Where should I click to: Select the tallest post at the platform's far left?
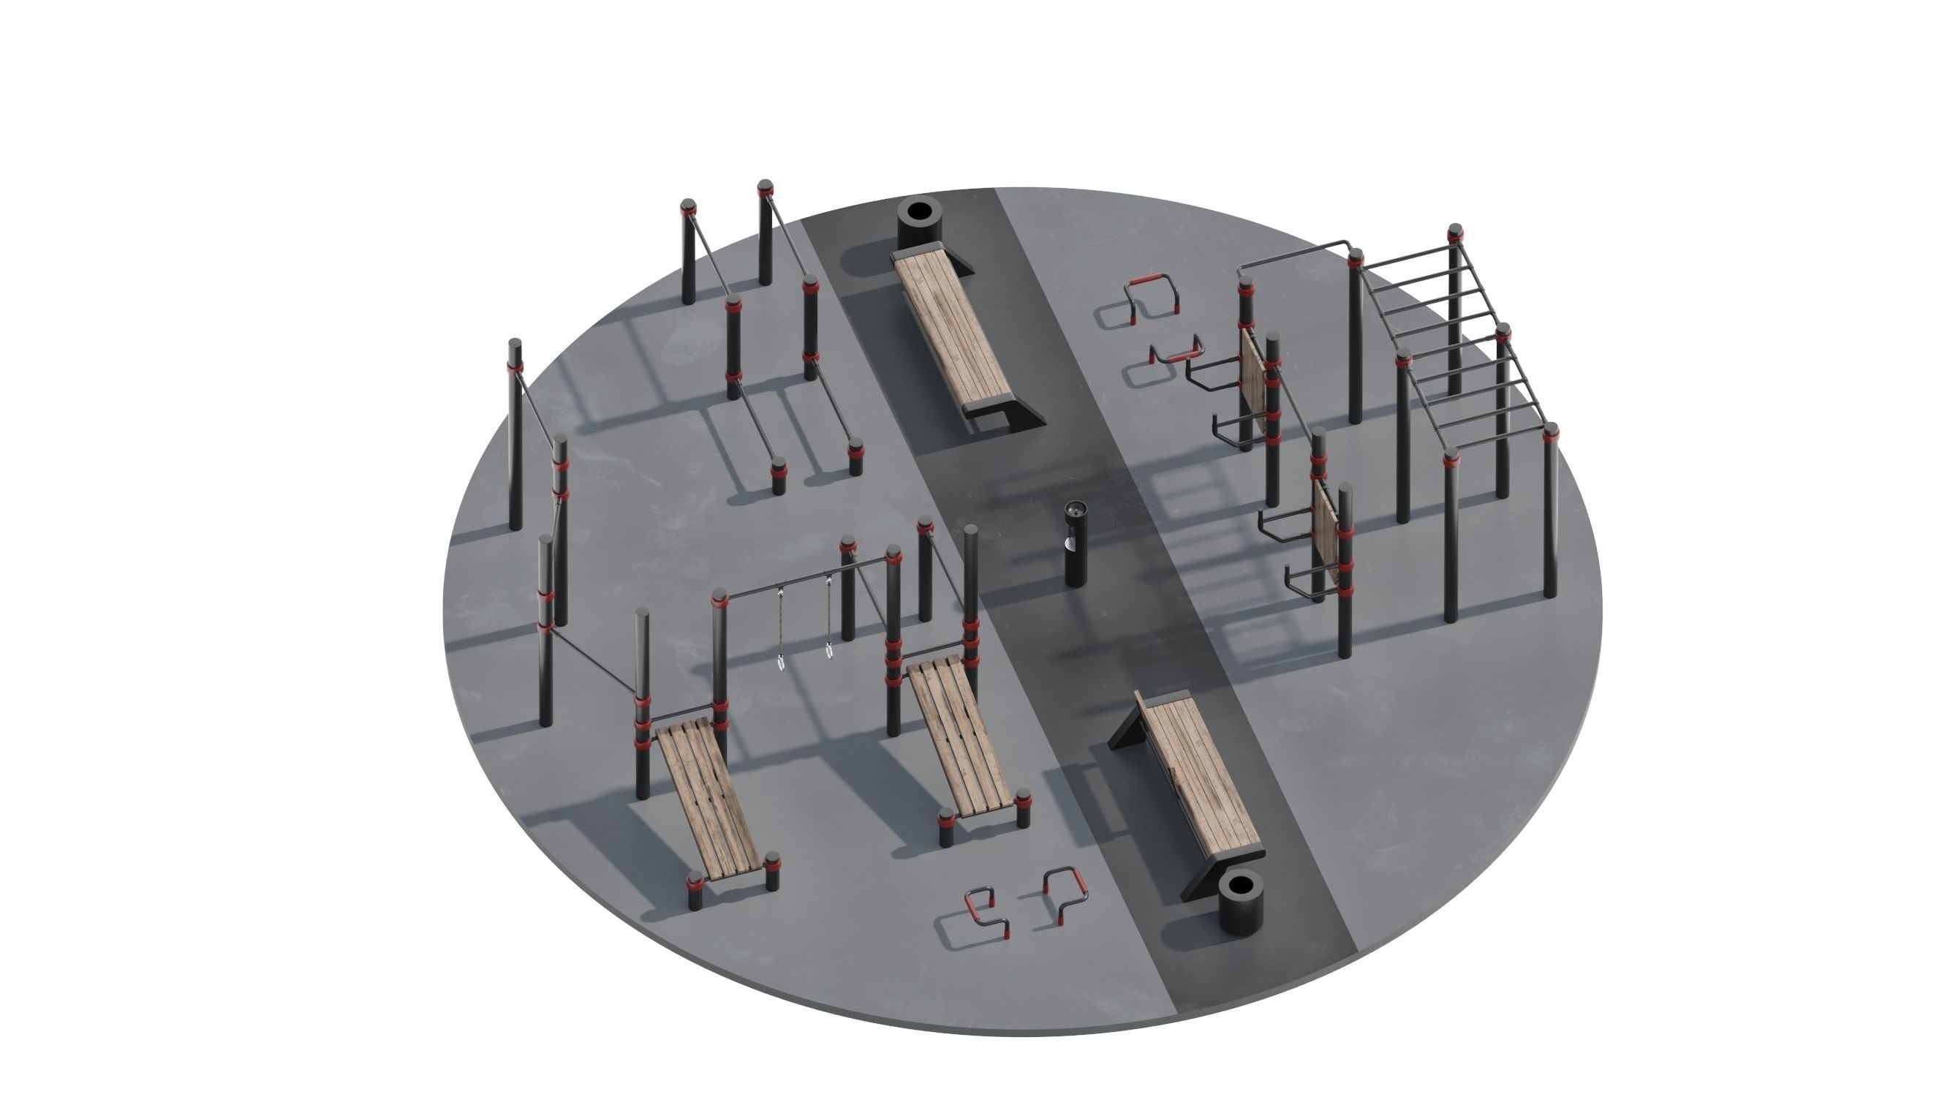point(515,435)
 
